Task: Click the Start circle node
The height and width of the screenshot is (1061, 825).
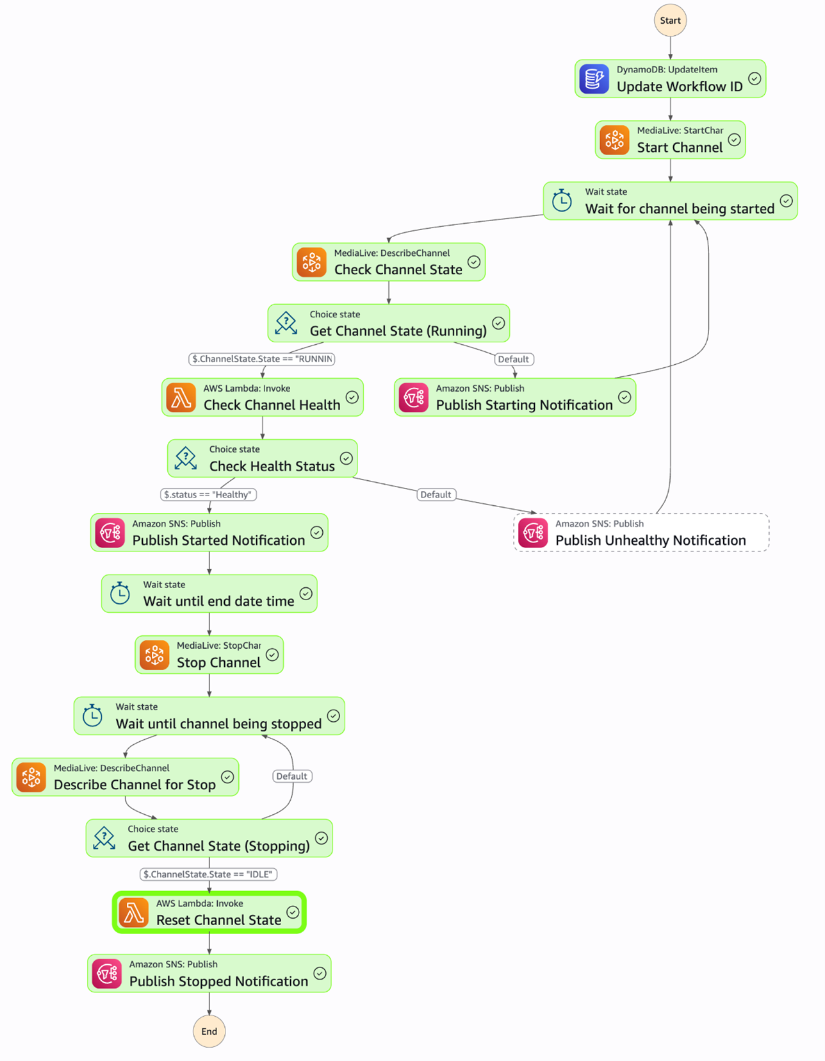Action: (670, 21)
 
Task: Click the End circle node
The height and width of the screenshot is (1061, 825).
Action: (209, 1031)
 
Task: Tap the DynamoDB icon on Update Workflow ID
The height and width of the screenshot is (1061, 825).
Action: (594, 79)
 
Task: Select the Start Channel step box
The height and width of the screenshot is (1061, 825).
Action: (670, 140)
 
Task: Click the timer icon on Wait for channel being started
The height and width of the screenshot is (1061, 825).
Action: (562, 201)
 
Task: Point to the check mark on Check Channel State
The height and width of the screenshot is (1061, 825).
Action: (474, 262)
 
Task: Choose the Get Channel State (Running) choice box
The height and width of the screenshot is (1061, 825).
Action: (388, 323)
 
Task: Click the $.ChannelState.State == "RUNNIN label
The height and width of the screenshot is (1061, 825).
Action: (262, 359)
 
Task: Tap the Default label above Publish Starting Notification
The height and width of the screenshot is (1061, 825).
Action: (514, 359)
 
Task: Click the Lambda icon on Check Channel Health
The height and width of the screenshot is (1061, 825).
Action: (181, 397)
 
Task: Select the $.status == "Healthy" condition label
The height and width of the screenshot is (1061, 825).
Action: (208, 494)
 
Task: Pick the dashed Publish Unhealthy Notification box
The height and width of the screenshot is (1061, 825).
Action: (641, 532)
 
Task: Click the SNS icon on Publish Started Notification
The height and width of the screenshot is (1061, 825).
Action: (110, 533)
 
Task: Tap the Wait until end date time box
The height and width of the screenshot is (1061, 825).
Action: (209, 594)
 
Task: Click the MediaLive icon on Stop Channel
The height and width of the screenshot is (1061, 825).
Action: (154, 655)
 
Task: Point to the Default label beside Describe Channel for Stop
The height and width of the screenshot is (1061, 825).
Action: (291, 776)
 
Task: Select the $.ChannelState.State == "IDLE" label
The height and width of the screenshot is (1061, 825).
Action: (209, 874)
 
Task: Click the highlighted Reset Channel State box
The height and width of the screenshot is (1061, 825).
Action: (209, 912)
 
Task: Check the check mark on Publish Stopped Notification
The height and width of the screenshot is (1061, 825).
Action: (320, 974)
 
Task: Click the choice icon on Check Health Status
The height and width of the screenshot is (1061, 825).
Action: (186, 458)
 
